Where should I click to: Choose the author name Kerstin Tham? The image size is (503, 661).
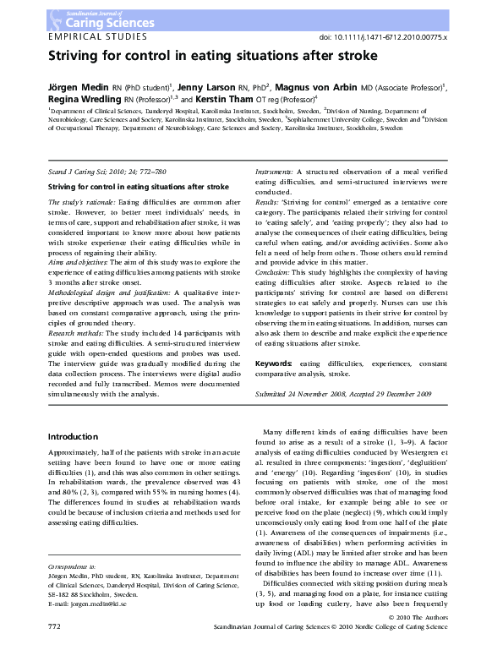coord(245,99)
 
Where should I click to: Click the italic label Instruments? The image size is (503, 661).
coord(274,172)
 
